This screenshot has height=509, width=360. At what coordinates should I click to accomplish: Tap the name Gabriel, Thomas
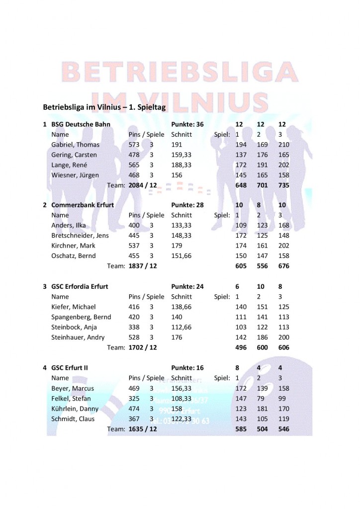75,145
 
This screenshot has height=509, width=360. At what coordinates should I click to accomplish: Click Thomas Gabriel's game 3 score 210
283,145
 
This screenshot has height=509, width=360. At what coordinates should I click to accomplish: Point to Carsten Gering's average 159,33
181,155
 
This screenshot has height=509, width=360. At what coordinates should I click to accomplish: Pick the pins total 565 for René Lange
134,165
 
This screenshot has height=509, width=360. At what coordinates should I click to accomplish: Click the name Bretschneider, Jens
80,236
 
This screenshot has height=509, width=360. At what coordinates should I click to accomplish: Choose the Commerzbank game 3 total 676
283,266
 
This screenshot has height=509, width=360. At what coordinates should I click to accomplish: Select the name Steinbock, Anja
74,327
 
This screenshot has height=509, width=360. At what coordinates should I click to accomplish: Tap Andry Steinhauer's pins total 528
134,338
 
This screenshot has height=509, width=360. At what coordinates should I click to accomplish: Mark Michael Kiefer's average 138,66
181,307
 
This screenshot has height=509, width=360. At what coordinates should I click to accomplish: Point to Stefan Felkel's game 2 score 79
262,399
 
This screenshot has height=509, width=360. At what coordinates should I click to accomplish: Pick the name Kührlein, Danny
75,409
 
